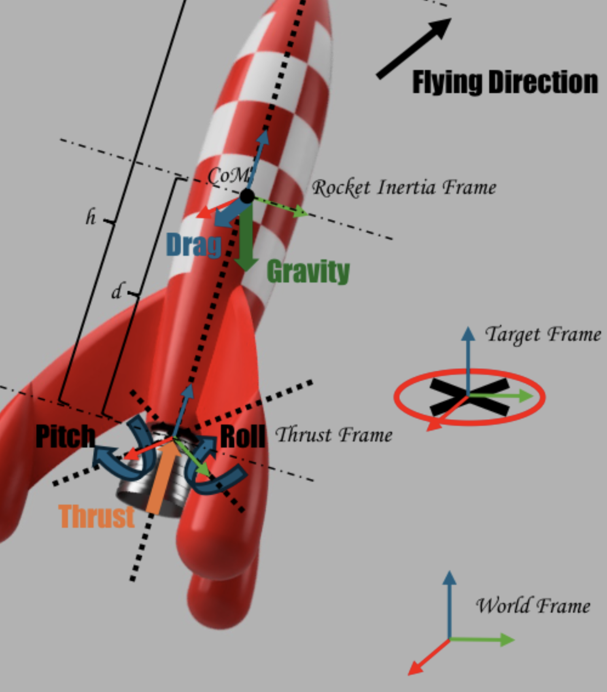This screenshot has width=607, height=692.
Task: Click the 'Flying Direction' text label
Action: point(505,82)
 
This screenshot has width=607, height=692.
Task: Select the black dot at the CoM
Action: point(247,196)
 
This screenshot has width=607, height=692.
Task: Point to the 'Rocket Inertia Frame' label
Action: point(404,187)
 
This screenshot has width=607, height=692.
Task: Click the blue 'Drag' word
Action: point(194,245)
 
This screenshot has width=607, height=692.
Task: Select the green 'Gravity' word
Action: point(308,272)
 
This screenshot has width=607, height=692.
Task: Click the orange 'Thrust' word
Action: point(96,516)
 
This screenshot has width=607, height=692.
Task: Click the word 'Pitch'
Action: point(65,436)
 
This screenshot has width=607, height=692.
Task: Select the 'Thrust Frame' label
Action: point(334,435)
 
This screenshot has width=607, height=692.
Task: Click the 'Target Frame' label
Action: point(543,335)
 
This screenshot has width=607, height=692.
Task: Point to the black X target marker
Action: point(469,397)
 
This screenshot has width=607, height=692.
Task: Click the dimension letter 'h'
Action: point(91,218)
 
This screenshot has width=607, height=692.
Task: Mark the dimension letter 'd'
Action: point(117,291)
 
